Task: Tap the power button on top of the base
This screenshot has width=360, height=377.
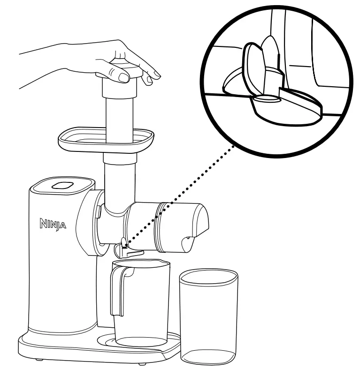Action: pyautogui.click(x=62, y=185)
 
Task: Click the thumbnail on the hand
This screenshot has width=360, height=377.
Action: pyautogui.click(x=124, y=76)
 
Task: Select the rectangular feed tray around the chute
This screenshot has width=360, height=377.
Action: pyautogui.click(x=106, y=139)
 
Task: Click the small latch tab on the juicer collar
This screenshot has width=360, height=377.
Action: pyautogui.click(x=99, y=211)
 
